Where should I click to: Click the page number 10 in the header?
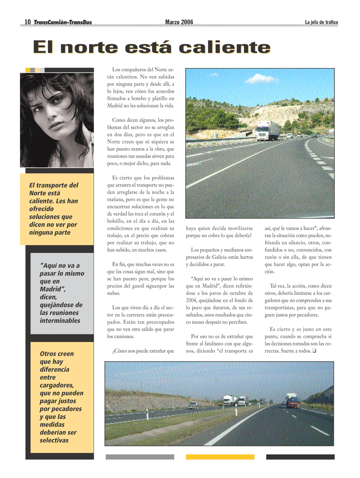pos(28,22)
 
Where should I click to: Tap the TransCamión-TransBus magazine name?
pos(63,22)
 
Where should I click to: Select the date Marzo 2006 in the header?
pos(179,22)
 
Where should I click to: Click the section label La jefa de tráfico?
pos(321,22)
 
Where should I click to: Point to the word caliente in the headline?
pos(224,48)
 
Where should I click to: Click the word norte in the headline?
pos(89,48)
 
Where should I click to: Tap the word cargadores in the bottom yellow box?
pos(57,385)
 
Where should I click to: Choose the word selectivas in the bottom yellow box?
pos(54,440)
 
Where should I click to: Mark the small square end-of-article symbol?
pos(314,351)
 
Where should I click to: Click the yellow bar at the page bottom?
pos(220,457)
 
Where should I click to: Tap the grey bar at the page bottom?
pos(140,457)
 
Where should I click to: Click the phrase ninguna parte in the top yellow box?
pos(50,233)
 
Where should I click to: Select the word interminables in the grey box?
pos(60,320)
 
